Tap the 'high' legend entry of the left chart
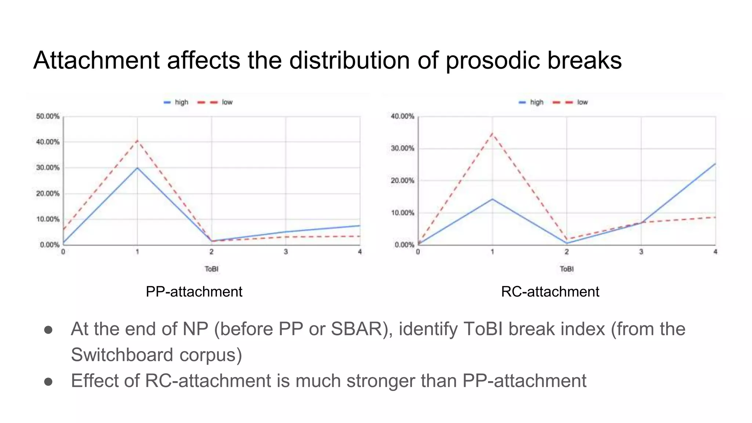(181, 102)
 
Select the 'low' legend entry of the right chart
(582, 102)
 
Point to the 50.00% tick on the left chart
(47, 116)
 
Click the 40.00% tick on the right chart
(402, 116)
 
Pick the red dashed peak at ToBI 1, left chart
(137, 140)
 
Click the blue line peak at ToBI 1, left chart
(137, 168)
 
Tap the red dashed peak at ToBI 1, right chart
(492, 133)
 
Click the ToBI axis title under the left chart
(211, 269)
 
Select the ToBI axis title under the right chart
(567, 269)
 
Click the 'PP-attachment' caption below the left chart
(194, 292)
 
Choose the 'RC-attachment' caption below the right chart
(550, 292)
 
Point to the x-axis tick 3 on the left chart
(286, 252)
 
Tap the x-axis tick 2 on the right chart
(567, 252)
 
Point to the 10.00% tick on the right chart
(402, 213)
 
